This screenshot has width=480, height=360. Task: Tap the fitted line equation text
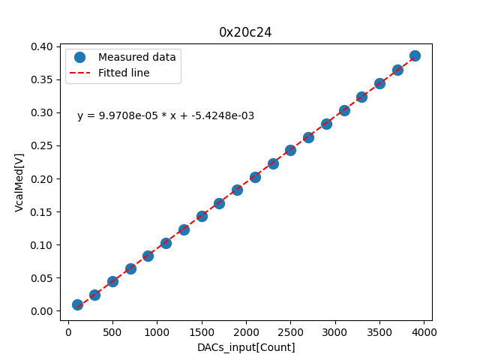pos(166,115)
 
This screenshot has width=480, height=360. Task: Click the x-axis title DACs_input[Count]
pos(246,347)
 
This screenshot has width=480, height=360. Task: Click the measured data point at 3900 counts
pos(415,55)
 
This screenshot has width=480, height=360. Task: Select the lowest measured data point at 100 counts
pos(77,304)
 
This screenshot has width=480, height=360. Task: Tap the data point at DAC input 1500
pos(202,216)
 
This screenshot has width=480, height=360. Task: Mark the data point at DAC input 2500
pos(290,150)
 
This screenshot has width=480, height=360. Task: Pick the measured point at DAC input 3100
pos(344,110)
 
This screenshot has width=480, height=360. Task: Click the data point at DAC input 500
pos(112,281)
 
